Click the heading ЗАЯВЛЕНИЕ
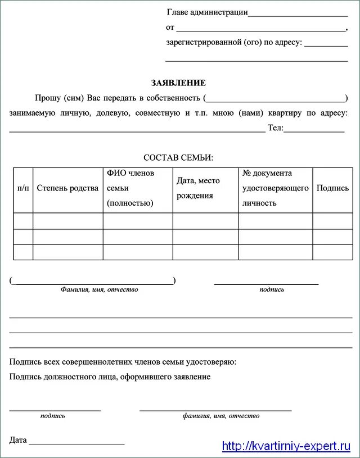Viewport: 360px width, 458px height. click(x=178, y=83)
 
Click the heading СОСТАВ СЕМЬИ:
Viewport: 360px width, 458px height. click(x=178, y=158)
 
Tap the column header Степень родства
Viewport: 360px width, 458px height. click(x=67, y=188)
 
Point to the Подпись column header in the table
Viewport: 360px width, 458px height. click(x=332, y=188)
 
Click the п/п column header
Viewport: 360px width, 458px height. click(x=23, y=188)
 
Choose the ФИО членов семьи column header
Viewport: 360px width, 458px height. click(x=130, y=188)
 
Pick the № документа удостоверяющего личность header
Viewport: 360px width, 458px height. click(x=275, y=188)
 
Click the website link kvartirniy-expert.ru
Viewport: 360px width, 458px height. click(x=286, y=447)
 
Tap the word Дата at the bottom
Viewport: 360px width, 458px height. click(x=18, y=440)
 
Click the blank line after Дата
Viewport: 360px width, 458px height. click(x=76, y=443)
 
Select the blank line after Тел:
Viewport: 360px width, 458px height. click(x=314, y=131)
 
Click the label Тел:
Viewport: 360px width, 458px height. click(x=276, y=128)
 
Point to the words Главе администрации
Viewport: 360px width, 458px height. click(x=207, y=12)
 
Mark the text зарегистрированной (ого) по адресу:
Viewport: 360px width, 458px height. click(x=234, y=42)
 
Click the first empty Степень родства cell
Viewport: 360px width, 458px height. click(x=67, y=221)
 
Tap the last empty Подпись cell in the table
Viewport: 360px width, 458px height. click(x=332, y=252)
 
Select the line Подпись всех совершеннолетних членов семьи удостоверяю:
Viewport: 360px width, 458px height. click(x=123, y=362)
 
